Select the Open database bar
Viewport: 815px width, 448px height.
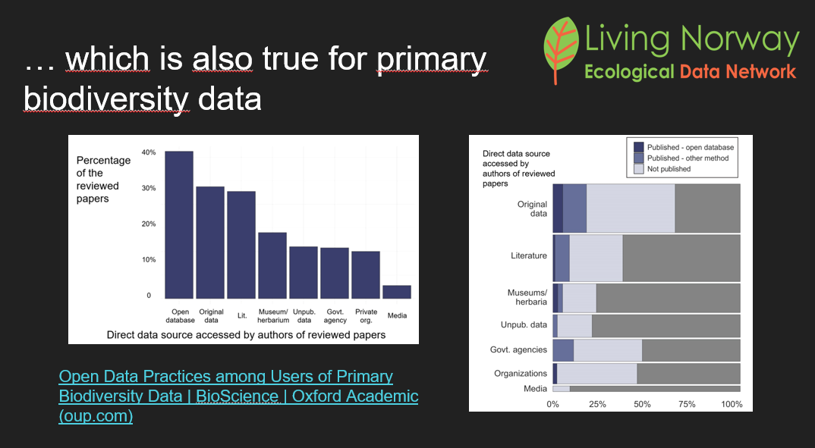(179, 224)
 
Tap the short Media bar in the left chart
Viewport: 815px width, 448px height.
(396, 292)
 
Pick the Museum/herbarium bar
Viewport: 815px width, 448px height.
(272, 265)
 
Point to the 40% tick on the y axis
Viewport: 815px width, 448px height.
(149, 152)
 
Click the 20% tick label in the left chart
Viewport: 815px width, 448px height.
(149, 224)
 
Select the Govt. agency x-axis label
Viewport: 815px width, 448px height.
(335, 315)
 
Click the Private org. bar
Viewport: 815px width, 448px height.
(365, 274)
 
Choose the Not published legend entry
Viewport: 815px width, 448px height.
(669, 169)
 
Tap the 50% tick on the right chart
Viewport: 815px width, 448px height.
(642, 404)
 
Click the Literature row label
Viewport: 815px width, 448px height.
(529, 255)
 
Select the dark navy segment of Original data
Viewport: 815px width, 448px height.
(558, 208)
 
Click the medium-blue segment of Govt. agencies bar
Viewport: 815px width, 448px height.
(563, 350)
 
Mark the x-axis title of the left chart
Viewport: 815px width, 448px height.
(246, 334)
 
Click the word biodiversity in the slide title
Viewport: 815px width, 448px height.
(105, 99)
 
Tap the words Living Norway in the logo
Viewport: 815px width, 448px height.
(691, 39)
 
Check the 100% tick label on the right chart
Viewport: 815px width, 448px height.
(732, 404)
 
